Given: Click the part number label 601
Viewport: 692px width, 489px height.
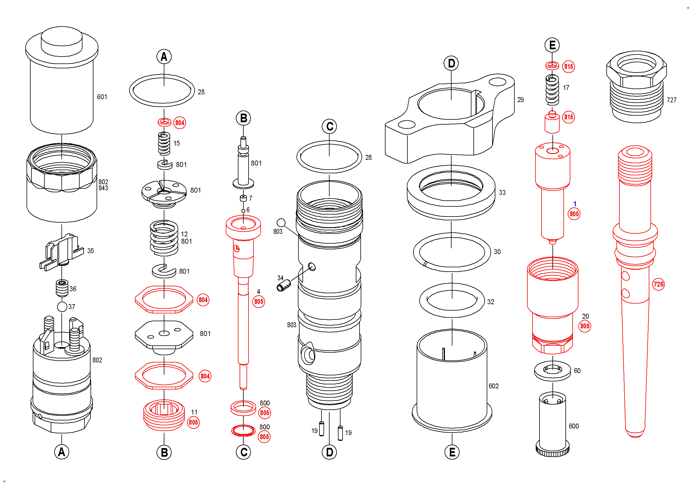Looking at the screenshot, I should [102, 97].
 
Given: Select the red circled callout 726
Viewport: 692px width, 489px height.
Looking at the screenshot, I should [658, 284].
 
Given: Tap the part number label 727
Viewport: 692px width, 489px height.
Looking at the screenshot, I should [672, 100].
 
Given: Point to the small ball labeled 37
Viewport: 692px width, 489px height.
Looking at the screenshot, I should [62, 307].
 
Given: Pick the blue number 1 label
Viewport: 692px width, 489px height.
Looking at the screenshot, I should [575, 204].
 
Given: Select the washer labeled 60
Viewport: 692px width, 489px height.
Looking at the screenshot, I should [552, 370].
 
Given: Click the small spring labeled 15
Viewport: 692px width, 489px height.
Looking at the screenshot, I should [164, 144].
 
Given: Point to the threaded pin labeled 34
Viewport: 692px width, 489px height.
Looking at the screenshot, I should [284, 285].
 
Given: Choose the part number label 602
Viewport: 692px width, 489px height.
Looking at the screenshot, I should [494, 386].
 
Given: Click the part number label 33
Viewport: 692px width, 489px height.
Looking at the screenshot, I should [502, 193].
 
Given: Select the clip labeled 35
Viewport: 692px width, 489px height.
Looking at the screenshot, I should [62, 252].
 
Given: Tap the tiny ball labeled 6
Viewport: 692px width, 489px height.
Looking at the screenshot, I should [243, 211].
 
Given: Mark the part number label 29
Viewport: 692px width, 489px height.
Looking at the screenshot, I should [520, 100].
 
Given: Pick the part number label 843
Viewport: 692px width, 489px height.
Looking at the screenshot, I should [103, 188].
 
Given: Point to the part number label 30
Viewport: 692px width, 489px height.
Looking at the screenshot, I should [497, 252].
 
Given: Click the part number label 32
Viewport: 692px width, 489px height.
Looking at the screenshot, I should [491, 302].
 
